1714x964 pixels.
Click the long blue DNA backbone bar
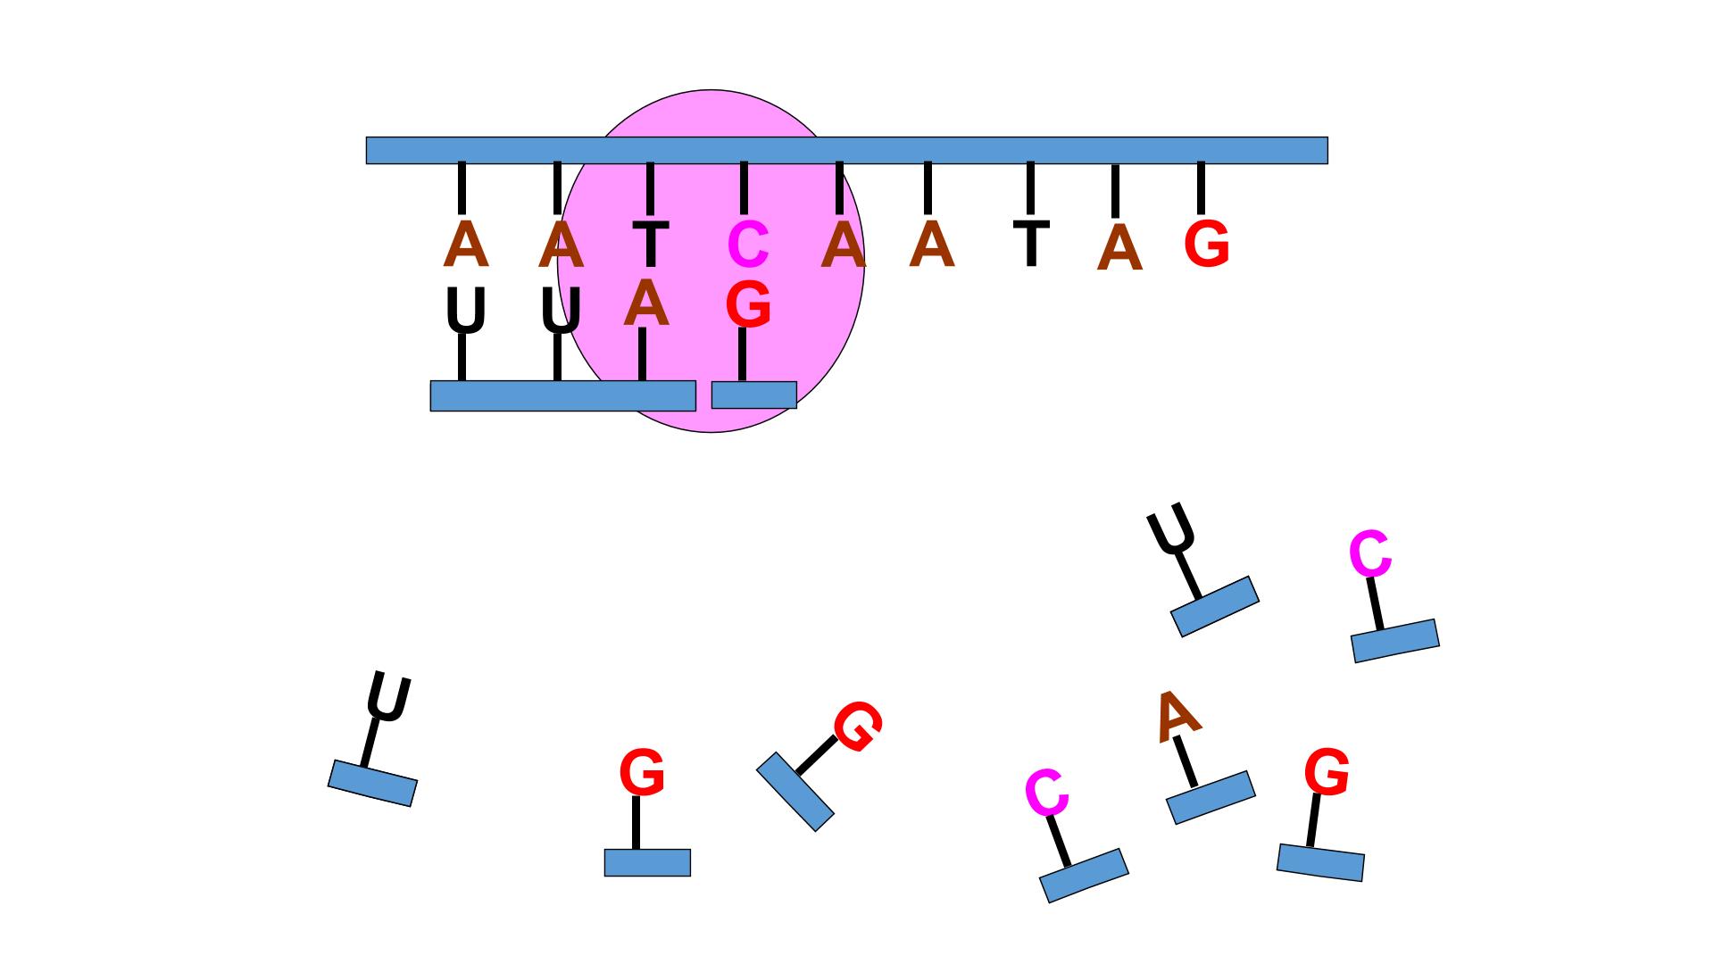point(846,150)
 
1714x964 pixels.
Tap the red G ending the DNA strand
point(1207,245)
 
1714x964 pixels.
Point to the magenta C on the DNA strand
point(748,245)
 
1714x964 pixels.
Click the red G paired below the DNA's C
point(748,304)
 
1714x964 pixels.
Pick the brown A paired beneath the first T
point(646,303)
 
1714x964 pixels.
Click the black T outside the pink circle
point(1031,243)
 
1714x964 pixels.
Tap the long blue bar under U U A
point(562,395)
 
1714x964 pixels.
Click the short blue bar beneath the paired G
point(753,395)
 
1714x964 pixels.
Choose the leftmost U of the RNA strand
point(466,311)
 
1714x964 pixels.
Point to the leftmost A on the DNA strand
point(466,244)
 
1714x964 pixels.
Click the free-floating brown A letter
point(1177,716)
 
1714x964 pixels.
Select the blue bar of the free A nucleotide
point(1211,797)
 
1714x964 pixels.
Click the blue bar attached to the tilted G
point(795,792)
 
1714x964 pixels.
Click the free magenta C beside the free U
point(1370,553)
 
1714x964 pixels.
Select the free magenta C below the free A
point(1047,793)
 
